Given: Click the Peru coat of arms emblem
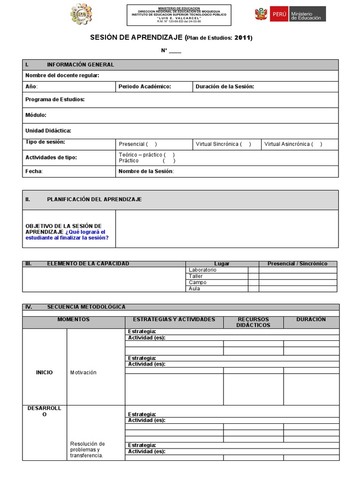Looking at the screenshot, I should pyautogui.click(x=261, y=15).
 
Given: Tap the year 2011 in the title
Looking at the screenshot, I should pyautogui.click(x=242, y=37).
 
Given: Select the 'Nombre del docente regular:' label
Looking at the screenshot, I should pyautogui.click(x=62, y=75).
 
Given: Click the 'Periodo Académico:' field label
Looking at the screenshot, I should pyautogui.click(x=144, y=87).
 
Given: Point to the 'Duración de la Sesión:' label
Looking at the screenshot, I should pyautogui.click(x=225, y=87).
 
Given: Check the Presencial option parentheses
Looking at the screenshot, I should pyautogui.click(x=152, y=144).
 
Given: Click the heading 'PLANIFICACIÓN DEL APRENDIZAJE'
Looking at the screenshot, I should pyautogui.click(x=94, y=199).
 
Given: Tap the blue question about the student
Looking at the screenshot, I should pyautogui.click(x=67, y=235).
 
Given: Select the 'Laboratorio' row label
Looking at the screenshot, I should pyautogui.click(x=202, y=270).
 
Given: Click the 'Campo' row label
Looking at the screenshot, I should pyautogui.click(x=197, y=283).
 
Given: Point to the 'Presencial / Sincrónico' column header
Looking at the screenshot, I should pyautogui.click(x=297, y=264).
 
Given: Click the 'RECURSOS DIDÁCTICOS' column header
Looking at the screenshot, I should pyautogui.click(x=253, y=322).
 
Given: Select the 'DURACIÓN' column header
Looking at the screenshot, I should pyautogui.click(x=311, y=319).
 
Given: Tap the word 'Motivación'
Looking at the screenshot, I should pyautogui.click(x=83, y=373).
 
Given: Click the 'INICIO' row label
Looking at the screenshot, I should pyautogui.click(x=45, y=373).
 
